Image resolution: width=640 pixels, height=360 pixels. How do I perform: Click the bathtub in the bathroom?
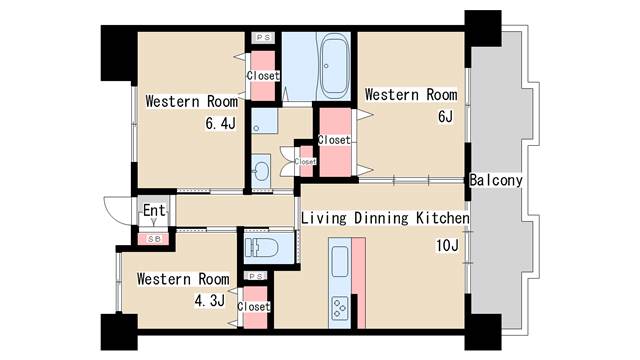pyautogui.click(x=335, y=67)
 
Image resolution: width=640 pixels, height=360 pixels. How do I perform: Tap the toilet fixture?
pyautogui.click(x=262, y=247)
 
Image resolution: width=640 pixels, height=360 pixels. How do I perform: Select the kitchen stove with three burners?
pyautogui.click(x=340, y=308)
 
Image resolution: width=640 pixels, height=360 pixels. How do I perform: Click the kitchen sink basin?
pyautogui.click(x=340, y=261)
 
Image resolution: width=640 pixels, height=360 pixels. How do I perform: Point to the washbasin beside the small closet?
pyautogui.click(x=260, y=170)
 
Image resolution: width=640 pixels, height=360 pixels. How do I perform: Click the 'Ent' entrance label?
pyautogui.click(x=154, y=211)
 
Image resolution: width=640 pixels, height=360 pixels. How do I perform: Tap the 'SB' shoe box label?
pyautogui.click(x=154, y=239)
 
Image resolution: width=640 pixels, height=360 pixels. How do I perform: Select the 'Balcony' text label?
pyautogui.click(x=496, y=180)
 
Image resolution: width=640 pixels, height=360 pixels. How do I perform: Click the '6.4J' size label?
pyautogui.click(x=221, y=122)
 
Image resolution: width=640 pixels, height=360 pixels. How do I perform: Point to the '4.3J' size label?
pyautogui.click(x=210, y=301)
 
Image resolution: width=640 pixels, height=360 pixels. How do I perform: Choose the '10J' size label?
pyautogui.click(x=448, y=245)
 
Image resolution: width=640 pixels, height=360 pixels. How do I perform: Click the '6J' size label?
pyautogui.click(x=445, y=116)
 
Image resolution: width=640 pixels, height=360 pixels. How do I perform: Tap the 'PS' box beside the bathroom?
pyautogui.click(x=263, y=38)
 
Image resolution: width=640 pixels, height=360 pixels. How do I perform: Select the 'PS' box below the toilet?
pyautogui.click(x=256, y=276)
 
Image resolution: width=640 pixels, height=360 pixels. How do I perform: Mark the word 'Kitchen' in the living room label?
pyautogui.click(x=443, y=218)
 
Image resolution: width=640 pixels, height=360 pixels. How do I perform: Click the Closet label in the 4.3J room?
pyautogui.click(x=254, y=307)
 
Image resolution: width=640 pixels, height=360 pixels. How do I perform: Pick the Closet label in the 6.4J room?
pyautogui.click(x=263, y=76)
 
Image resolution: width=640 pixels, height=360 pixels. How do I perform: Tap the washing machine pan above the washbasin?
pyautogui.click(x=264, y=121)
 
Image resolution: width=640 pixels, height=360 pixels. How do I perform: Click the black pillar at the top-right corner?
pyautogui.click(x=483, y=29)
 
